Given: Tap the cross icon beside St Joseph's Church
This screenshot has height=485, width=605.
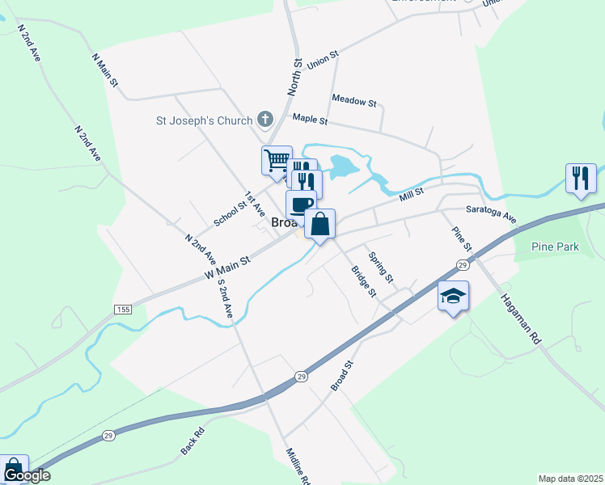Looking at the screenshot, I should click(x=264, y=120).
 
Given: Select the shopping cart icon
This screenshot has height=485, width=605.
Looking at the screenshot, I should click(x=277, y=159).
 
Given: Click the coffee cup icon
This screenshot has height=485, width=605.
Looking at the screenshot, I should click(x=301, y=204).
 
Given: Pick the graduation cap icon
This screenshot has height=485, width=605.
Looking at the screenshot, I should click(x=453, y=296).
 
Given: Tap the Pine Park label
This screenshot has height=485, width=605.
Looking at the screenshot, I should click(x=555, y=247).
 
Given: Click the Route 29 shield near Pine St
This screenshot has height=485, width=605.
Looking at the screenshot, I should click(x=462, y=264).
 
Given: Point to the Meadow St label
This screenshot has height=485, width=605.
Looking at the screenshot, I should click(x=354, y=103).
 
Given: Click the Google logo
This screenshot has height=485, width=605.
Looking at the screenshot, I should click(x=26, y=475).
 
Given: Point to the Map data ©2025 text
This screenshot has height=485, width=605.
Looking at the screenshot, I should click(x=570, y=479).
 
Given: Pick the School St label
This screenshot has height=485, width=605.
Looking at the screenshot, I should click(x=229, y=212).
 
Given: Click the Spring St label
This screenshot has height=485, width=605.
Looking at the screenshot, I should click(x=380, y=267).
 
